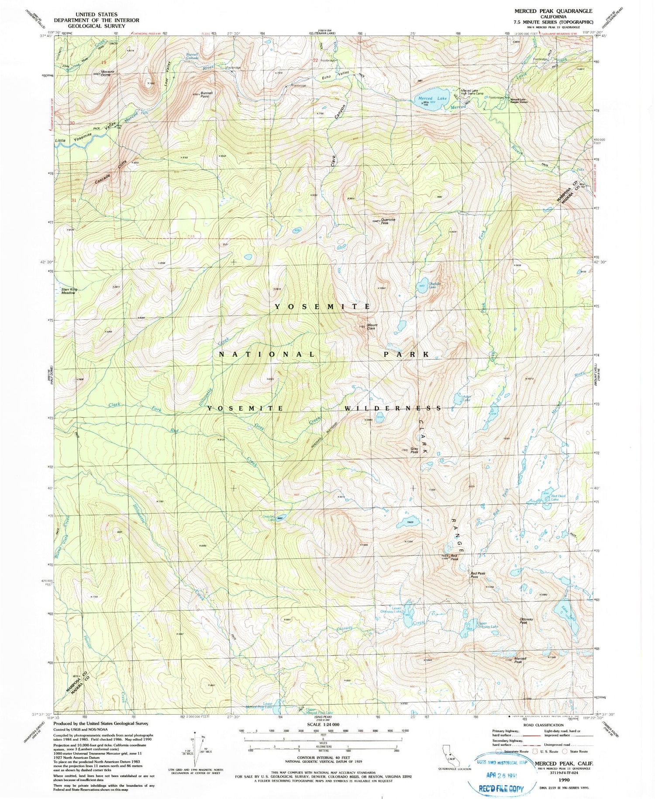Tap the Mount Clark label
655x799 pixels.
(372, 326)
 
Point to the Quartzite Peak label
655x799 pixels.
(388, 221)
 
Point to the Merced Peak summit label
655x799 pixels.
(520, 660)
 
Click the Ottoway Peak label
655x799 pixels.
(527, 620)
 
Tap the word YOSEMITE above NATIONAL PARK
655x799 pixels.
(322, 307)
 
